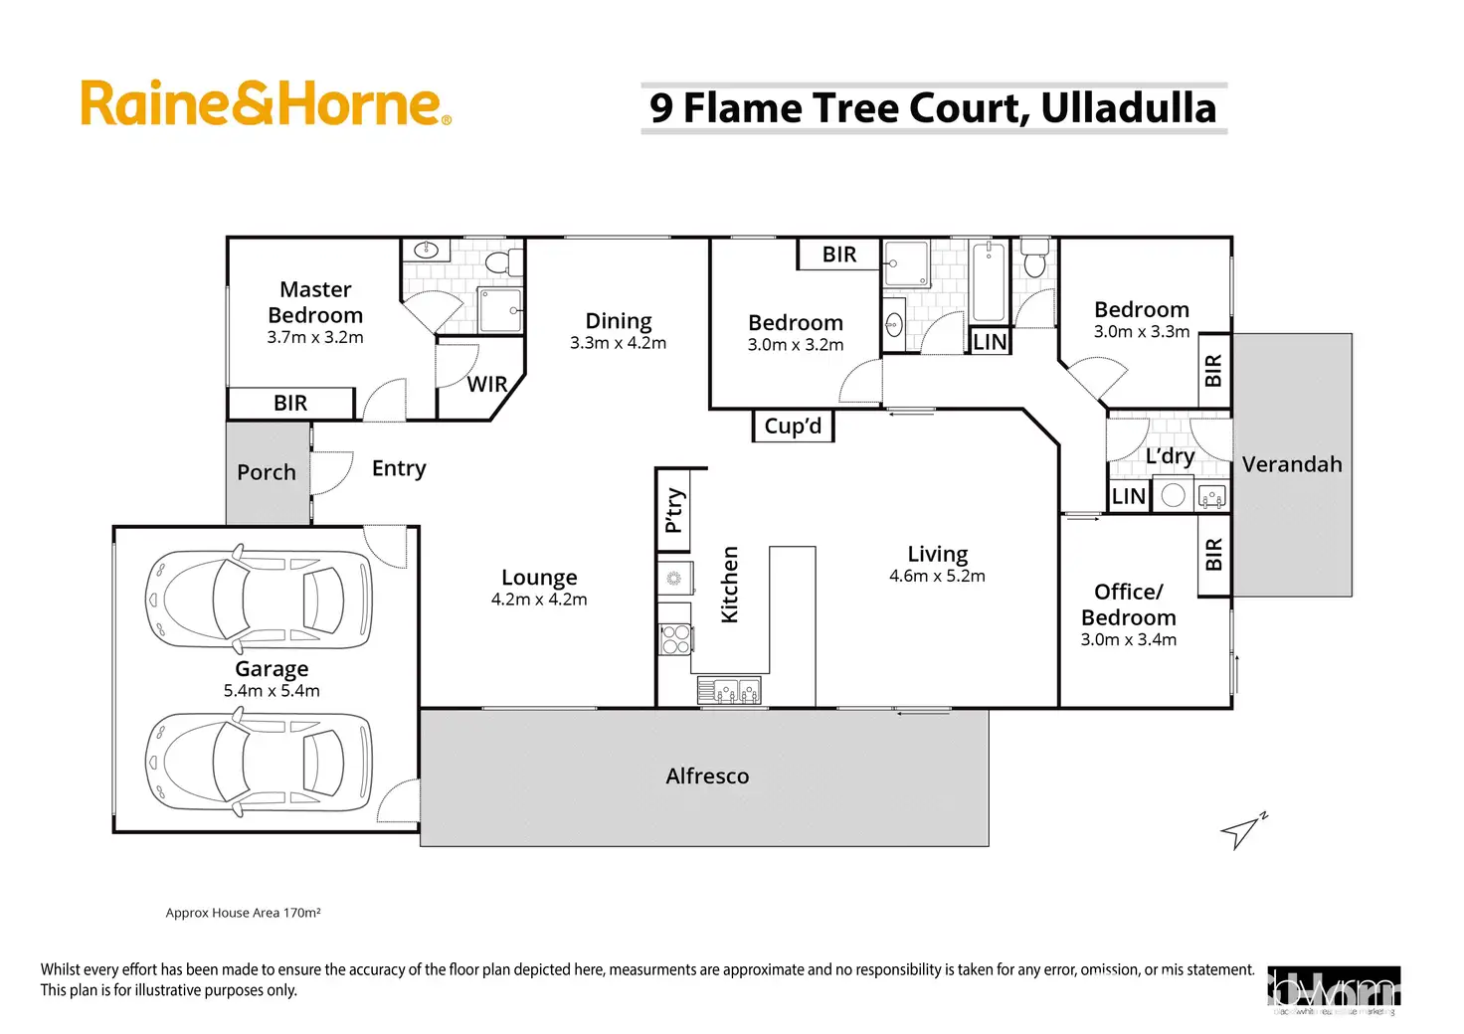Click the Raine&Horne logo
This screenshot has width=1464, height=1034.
coord(266,104)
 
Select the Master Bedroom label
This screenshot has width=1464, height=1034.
coord(315,302)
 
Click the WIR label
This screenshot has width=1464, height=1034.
coord(487,385)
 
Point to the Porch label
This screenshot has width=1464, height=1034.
coord(267,472)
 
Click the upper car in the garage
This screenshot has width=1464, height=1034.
coord(259,600)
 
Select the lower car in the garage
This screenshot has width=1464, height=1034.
coord(259,761)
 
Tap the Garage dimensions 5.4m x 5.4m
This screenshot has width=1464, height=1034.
coord(272,691)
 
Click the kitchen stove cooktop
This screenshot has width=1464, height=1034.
coord(675,639)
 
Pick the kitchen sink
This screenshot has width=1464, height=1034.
coord(729,689)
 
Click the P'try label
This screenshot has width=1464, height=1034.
coord(674,510)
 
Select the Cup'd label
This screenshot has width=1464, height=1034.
coord(793,426)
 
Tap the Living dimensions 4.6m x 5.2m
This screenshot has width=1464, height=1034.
coord(937,577)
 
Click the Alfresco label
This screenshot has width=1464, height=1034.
coord(707,776)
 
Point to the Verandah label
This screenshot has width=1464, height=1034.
coord(1292,464)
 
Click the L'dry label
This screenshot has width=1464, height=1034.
coord(1170,456)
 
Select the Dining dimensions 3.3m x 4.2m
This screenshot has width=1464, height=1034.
coord(618,344)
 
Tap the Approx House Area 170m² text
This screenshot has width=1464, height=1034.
coord(243,913)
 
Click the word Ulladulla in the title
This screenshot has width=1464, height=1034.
coord(1128,108)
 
